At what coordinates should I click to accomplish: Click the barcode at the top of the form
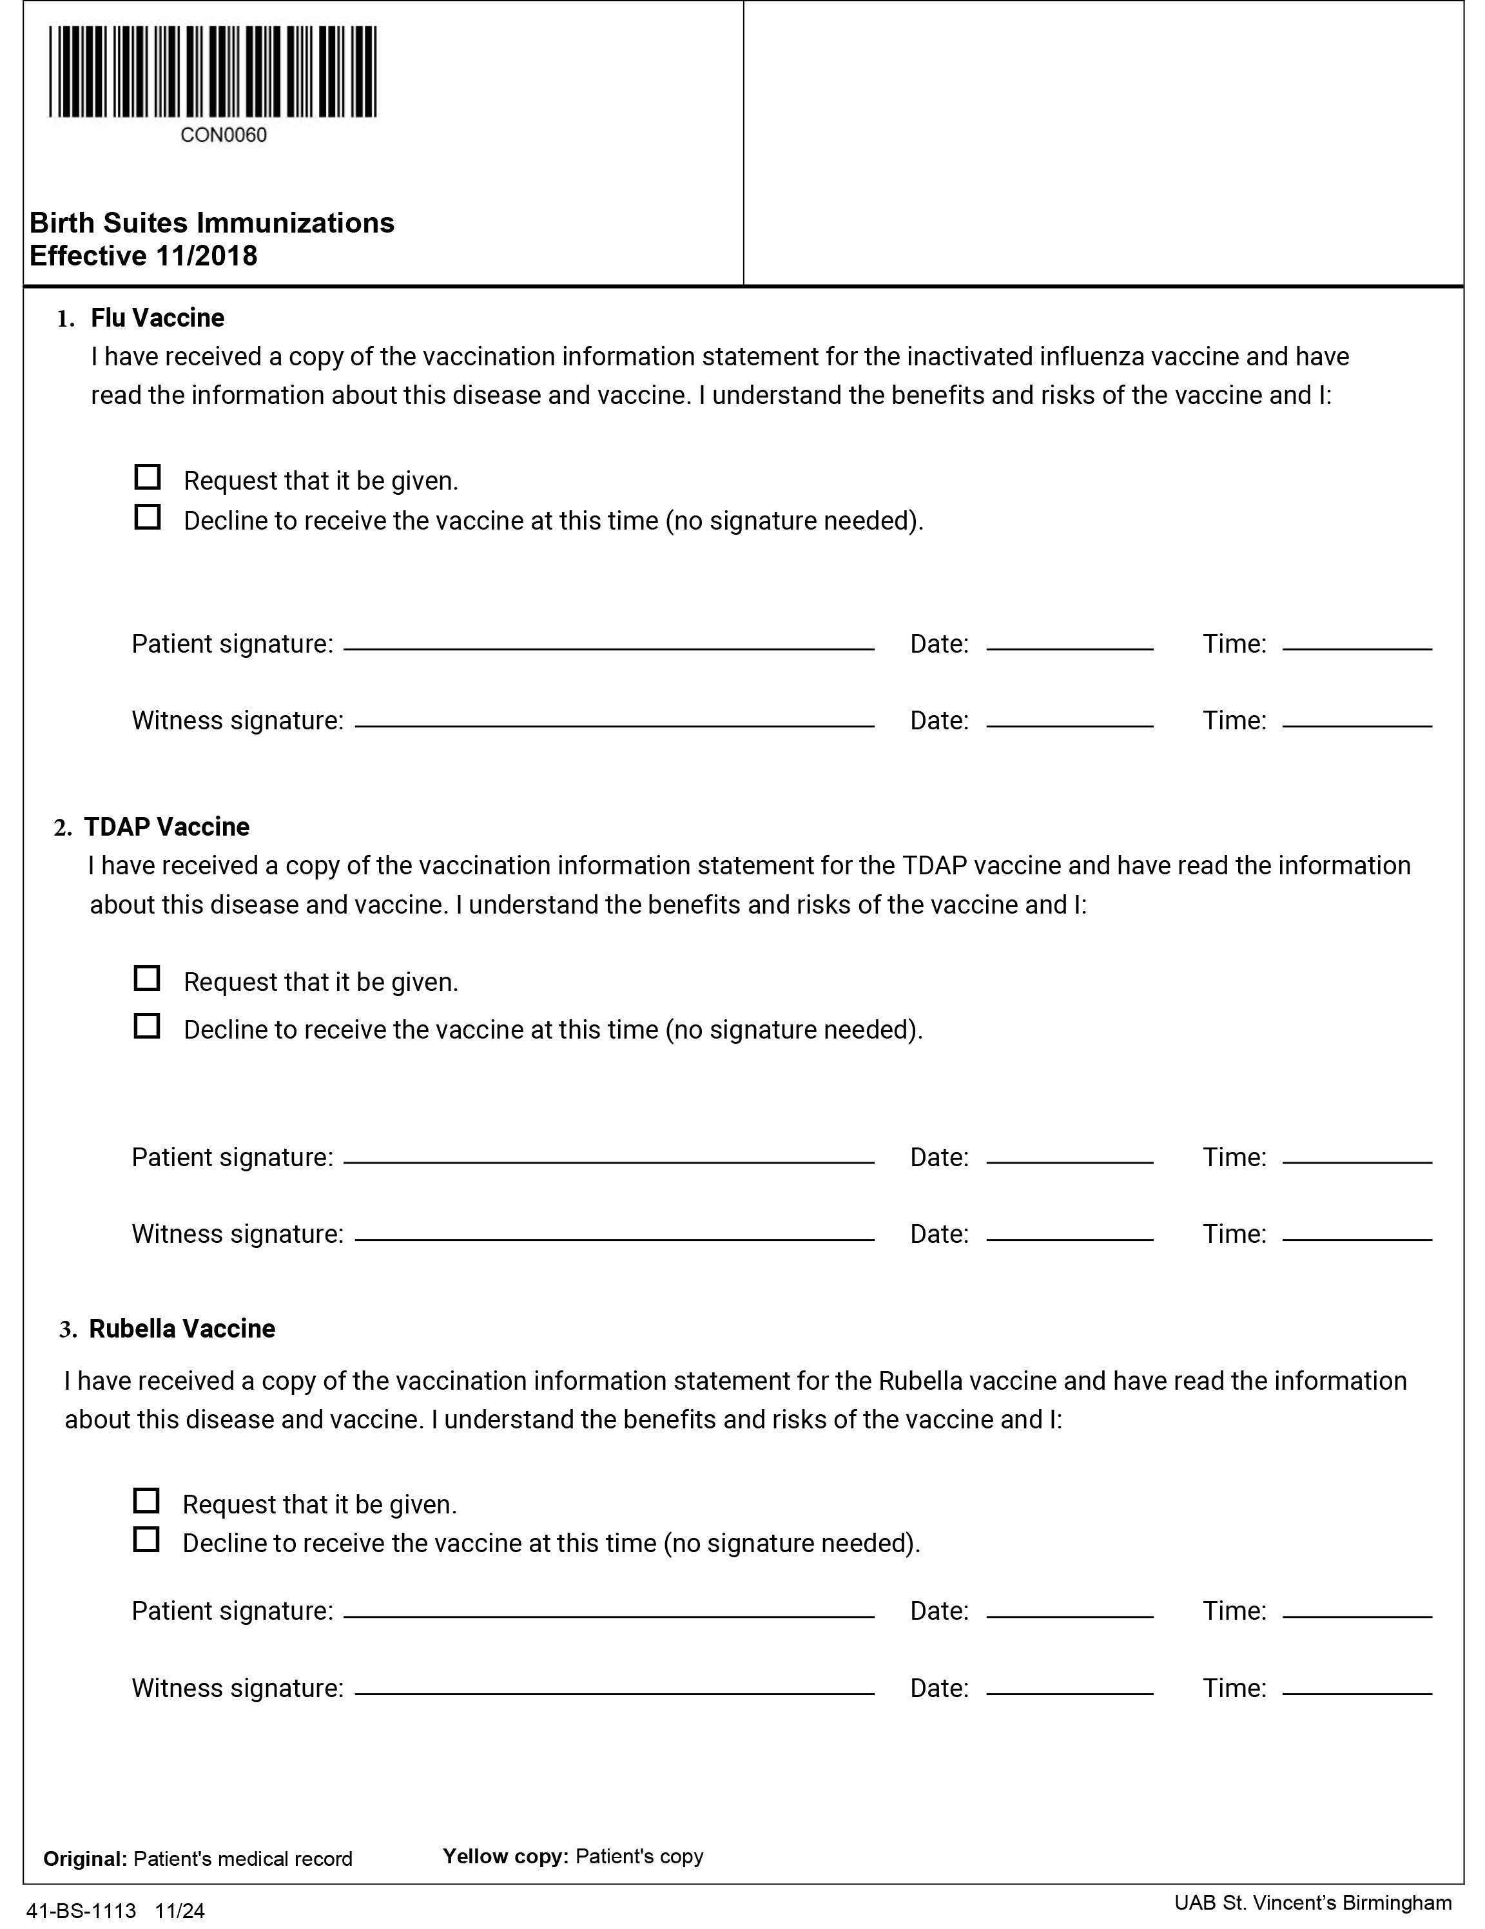click(x=213, y=72)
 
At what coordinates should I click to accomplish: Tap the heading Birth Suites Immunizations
click(x=212, y=222)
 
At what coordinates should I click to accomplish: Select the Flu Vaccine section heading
click(x=157, y=318)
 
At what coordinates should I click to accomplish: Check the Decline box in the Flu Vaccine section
click(x=148, y=517)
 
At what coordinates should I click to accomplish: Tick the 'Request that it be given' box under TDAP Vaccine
click(x=147, y=979)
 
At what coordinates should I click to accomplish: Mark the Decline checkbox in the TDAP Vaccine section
click(x=147, y=1026)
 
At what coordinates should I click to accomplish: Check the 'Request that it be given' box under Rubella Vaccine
click(x=146, y=1501)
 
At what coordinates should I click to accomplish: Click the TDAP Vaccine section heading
click(x=166, y=827)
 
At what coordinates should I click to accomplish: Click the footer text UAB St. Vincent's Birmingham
click(x=1312, y=1903)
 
